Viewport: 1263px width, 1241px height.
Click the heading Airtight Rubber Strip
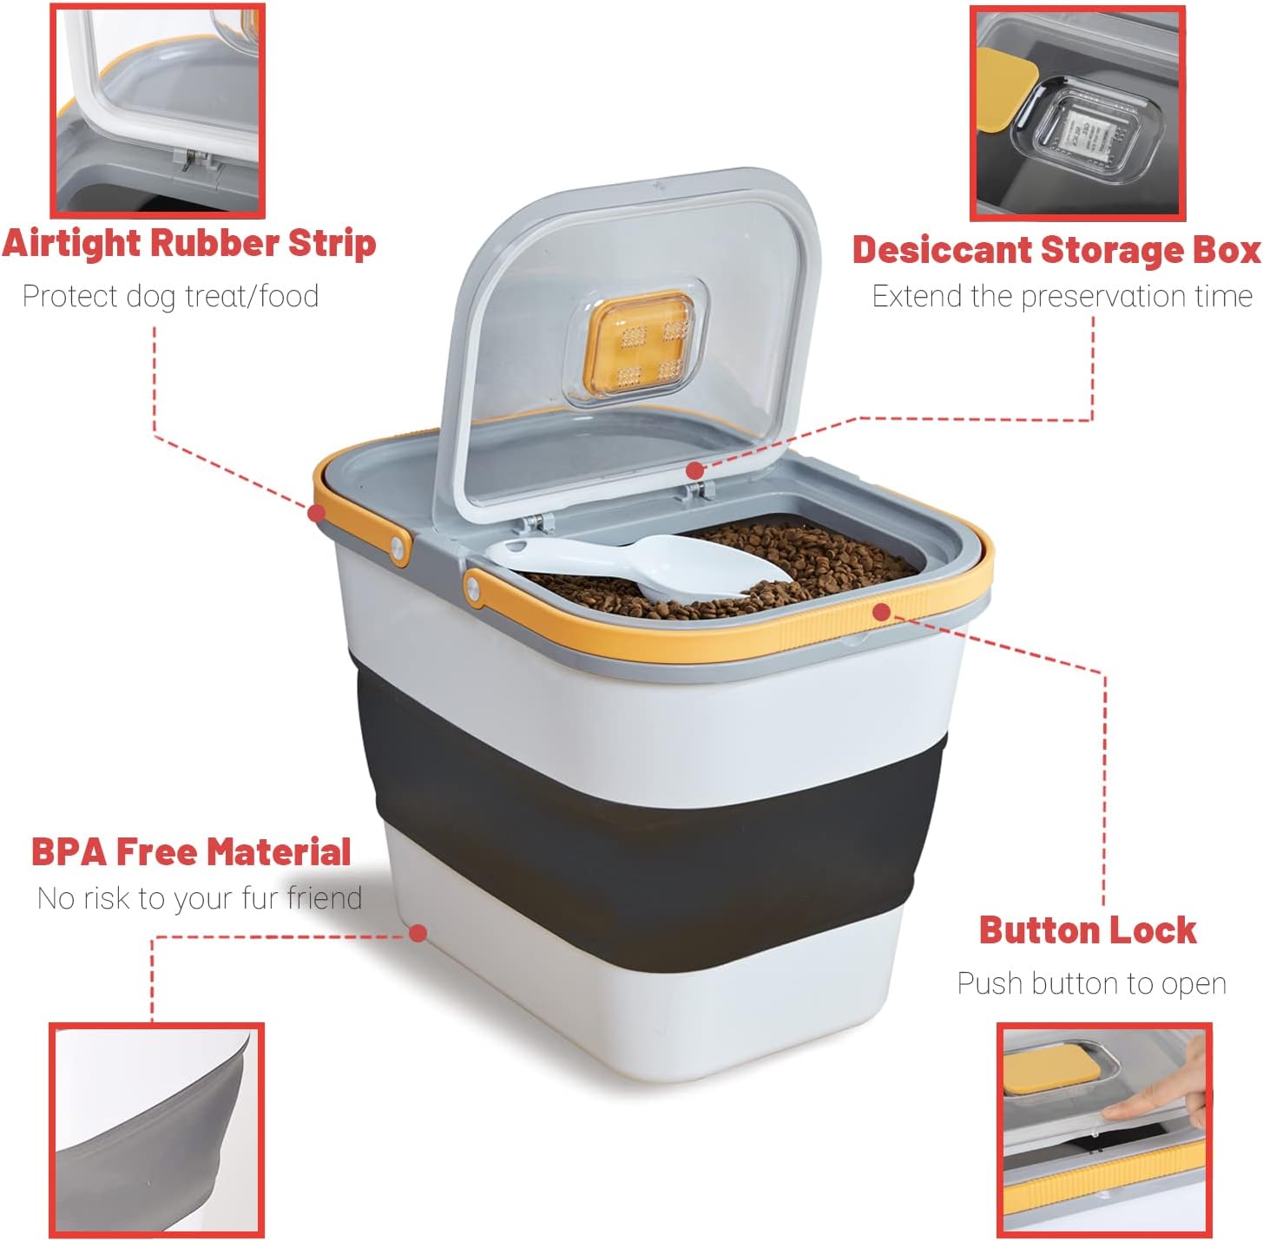pos(189,243)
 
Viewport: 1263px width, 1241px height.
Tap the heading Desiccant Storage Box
pos(1056,250)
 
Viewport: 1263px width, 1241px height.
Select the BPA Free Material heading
pos(191,852)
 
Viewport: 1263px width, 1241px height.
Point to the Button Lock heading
pos(1088,930)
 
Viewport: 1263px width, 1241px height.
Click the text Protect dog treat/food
pos(170,296)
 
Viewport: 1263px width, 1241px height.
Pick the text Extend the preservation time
pos(1062,296)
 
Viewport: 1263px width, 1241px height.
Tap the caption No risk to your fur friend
pos(199,898)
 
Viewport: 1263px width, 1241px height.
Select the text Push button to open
pos(1091,984)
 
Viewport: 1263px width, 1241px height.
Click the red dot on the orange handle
pos(881,613)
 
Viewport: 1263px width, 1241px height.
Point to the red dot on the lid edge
pos(694,470)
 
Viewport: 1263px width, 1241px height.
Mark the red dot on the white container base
pos(418,933)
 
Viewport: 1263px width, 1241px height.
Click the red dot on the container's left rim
pos(317,513)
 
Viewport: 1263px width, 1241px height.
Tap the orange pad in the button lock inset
pos(1050,1066)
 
